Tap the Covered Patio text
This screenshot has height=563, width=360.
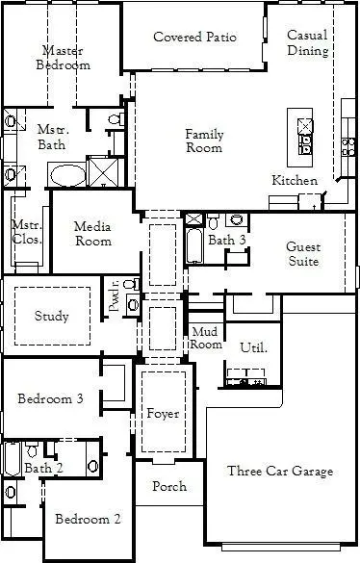pos(194,38)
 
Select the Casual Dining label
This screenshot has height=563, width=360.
pos(307,42)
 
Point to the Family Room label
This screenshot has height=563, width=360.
pos(204,141)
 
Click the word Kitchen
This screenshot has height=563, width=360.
pos(295,181)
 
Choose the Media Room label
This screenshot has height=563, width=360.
pos(93,234)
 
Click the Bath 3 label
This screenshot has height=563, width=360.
pos(228,241)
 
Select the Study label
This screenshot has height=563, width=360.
pos(51,316)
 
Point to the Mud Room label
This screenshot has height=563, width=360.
pos(206,338)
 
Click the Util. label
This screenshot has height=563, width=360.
pos(253,347)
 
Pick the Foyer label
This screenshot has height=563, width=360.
pos(163,414)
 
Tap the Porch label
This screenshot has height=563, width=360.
pos(169,486)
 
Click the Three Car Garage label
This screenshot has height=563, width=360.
pos(280,471)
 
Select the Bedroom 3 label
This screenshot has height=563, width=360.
pos(50,399)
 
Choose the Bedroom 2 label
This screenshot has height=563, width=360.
pos(88,520)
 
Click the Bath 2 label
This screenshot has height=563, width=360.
pos(43,468)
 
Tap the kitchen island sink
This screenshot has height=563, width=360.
pos(306,144)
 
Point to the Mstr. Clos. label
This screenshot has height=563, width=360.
pos(26,232)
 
